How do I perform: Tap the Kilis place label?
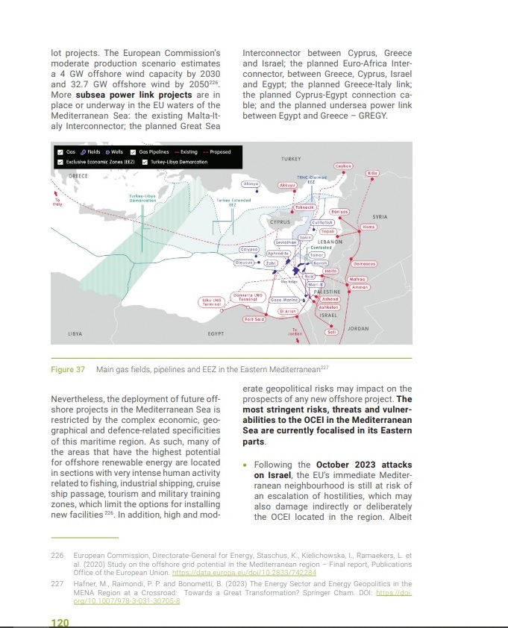[x=374, y=173]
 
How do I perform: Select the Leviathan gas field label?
[x=286, y=242]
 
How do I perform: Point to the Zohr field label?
[x=272, y=263]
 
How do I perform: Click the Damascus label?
[x=365, y=264]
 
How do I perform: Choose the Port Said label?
[x=254, y=319]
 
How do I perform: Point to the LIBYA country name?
[x=75, y=333]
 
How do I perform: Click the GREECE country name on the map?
[x=78, y=175]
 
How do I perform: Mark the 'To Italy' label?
[x=57, y=202]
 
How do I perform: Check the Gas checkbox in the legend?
[x=60, y=152]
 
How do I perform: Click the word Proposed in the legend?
[x=220, y=152]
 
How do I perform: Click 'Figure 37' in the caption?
[x=68, y=370]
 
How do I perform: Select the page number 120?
[x=60, y=622]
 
